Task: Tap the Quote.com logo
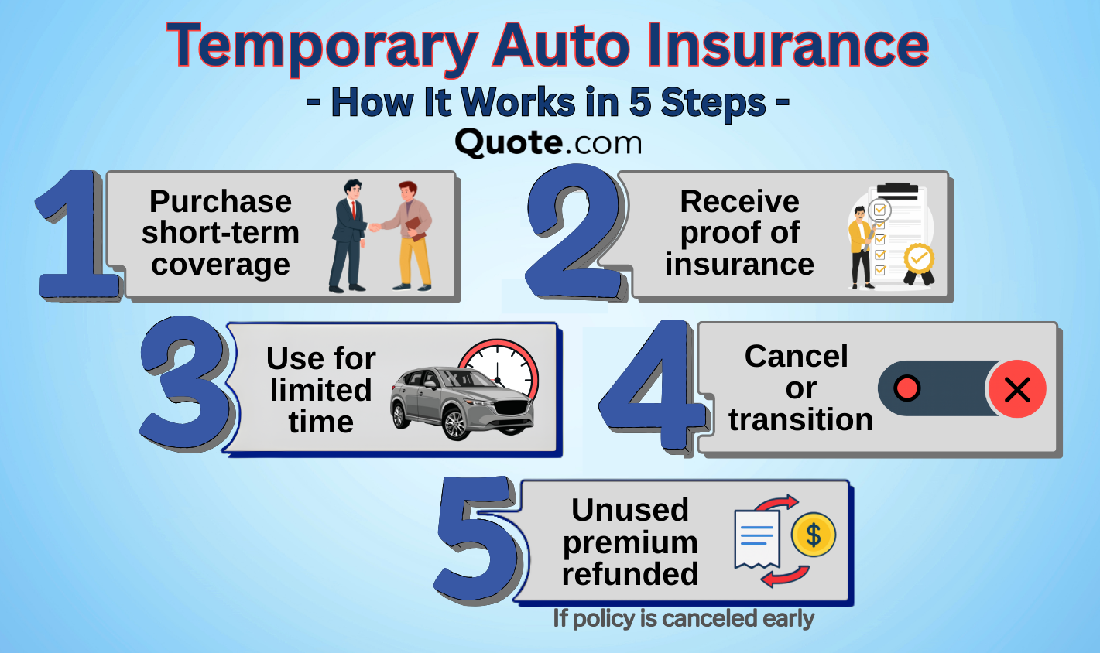click(548, 142)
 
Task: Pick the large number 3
click(186, 385)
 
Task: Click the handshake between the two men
click(375, 227)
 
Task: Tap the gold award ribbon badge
click(919, 262)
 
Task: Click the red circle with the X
click(1016, 389)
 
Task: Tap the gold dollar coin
click(813, 535)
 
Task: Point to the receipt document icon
click(756, 538)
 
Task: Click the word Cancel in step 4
click(796, 357)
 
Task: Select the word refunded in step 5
click(630, 574)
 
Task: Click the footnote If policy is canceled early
click(683, 619)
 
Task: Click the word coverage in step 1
click(221, 265)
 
